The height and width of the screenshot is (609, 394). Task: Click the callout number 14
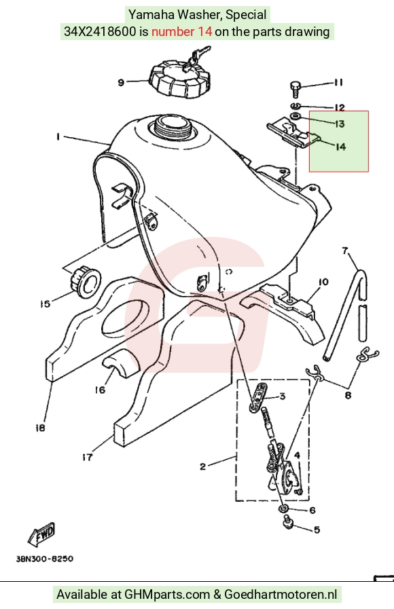click(340, 147)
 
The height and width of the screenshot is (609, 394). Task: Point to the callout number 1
click(58, 136)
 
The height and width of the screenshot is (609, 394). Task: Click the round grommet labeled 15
click(85, 282)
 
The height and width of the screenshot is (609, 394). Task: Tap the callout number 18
click(40, 428)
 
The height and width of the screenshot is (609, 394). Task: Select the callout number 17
click(88, 457)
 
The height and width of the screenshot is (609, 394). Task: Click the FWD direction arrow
click(41, 534)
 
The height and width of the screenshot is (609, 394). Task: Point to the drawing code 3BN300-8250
click(45, 559)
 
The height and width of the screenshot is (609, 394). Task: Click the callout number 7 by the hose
click(345, 251)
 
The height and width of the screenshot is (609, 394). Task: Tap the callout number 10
click(323, 282)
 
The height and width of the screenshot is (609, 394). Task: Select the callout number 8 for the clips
click(348, 395)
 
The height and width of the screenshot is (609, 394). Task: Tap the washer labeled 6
click(283, 509)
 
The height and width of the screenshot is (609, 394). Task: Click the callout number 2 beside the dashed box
click(203, 466)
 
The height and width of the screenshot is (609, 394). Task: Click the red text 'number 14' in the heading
click(181, 31)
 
